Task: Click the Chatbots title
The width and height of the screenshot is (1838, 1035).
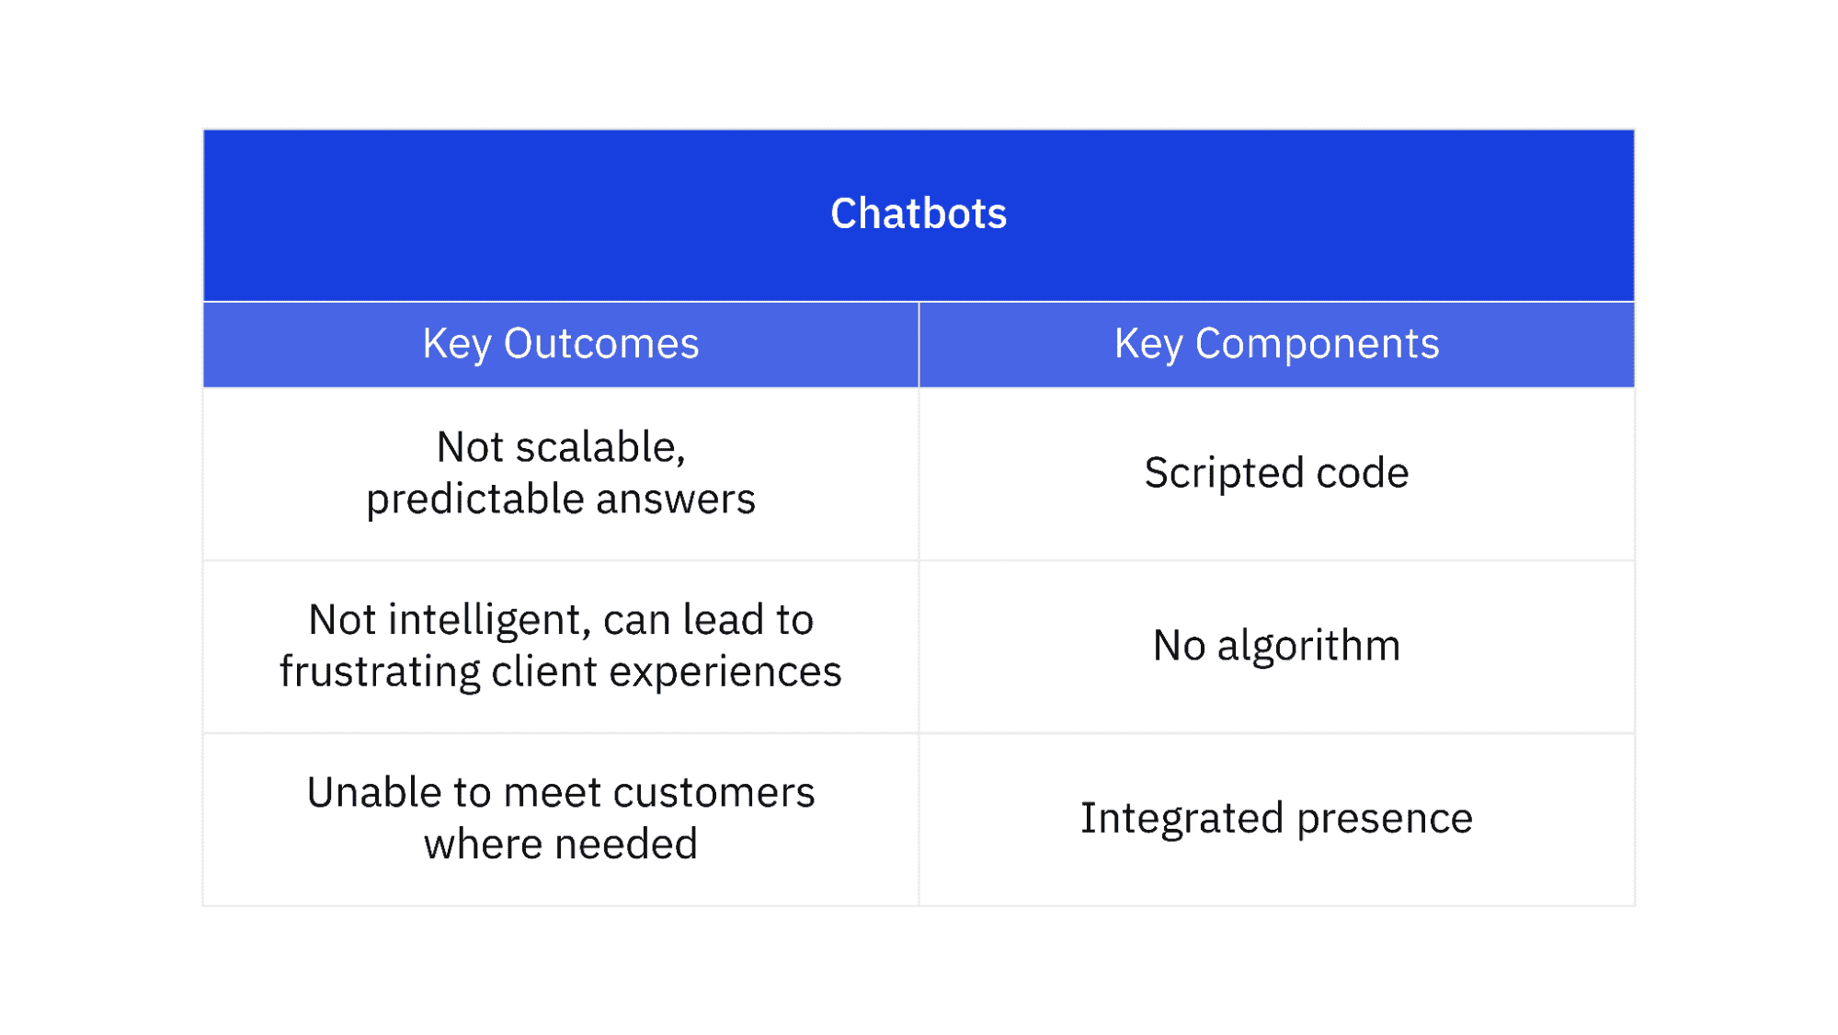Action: click(x=919, y=213)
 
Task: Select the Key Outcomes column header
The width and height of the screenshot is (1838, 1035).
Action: click(x=561, y=344)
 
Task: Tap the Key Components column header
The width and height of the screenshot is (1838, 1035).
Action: click(x=1276, y=344)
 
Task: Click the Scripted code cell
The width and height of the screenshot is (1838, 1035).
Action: click(x=1276, y=473)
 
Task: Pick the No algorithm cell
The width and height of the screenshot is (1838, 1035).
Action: click(x=1276, y=646)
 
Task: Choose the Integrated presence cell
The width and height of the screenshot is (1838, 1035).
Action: click(x=1276, y=819)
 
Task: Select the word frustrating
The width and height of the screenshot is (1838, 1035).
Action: click(x=380, y=672)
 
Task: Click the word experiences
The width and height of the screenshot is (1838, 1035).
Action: click(x=725, y=673)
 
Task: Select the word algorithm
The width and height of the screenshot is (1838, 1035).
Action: click(x=1308, y=647)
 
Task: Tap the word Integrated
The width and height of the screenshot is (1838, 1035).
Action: click(x=1182, y=819)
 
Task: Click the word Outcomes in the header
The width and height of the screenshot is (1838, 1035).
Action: click(x=601, y=344)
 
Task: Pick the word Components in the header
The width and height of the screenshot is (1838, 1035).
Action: click(x=1317, y=345)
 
